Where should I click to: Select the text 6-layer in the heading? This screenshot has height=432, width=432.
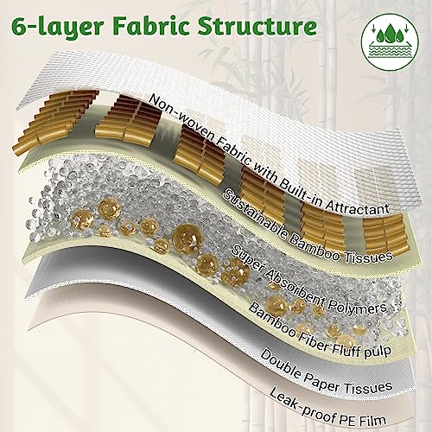coord(57,28)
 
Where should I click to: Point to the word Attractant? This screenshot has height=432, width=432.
coord(357,206)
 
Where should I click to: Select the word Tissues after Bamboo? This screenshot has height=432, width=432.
coord(369,256)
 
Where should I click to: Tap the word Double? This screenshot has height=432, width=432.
coord(279,365)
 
